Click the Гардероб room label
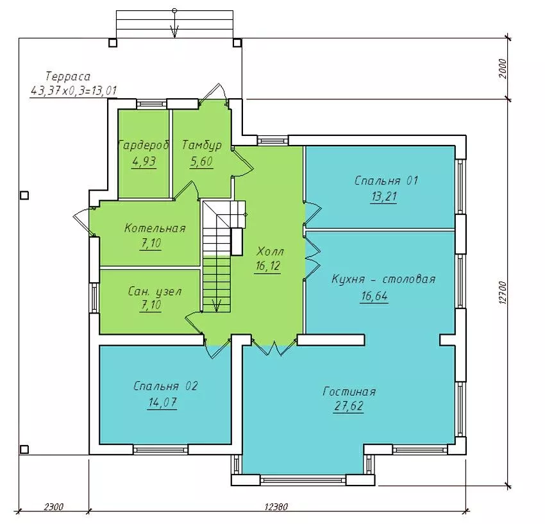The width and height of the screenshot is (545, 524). tap(144, 145)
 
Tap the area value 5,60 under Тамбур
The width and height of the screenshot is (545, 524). tap(201, 162)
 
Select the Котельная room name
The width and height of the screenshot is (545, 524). tap(155, 228)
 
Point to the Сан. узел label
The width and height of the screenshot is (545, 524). tap(155, 291)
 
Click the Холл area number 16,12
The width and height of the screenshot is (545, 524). tap(267, 266)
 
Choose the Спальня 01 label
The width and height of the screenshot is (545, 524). tap(386, 181)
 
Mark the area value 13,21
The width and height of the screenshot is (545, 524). tap(383, 197)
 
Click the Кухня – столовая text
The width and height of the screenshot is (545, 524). tap(383, 279)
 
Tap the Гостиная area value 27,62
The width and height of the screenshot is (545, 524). tap(349, 406)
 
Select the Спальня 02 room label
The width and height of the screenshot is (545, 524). tap(165, 386)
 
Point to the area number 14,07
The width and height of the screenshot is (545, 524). tap(162, 403)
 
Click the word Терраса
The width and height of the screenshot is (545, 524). tap(68, 76)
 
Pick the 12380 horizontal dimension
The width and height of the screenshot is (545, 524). tap(276, 507)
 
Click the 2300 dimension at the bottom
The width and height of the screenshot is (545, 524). tap(53, 507)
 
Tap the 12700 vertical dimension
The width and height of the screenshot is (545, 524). tap(503, 292)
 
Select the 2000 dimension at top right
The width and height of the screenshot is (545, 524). tap(503, 69)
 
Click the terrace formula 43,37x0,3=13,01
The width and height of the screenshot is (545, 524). tap(74, 91)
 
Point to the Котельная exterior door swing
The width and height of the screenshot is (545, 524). tap(83, 220)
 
